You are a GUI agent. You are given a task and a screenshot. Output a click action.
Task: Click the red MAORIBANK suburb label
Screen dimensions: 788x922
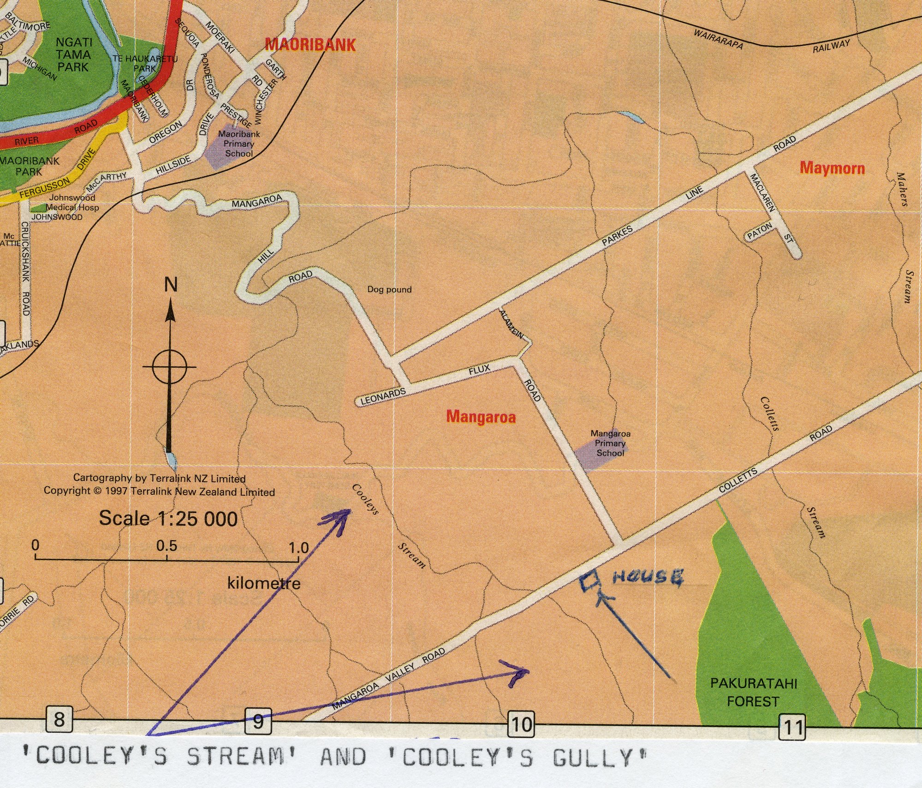pos(310,45)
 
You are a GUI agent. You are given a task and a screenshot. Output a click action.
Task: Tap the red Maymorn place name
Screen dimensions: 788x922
pos(832,167)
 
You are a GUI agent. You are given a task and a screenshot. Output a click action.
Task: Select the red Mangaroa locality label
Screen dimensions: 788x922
pos(481,417)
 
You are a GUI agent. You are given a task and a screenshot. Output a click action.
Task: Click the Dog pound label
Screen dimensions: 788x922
pos(389,290)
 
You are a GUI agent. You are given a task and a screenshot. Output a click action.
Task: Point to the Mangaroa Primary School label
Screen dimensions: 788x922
pos(610,443)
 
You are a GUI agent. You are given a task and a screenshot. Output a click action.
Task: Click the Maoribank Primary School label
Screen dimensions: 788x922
pos(238,143)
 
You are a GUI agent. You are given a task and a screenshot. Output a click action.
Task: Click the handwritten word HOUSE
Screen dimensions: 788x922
pos(648,578)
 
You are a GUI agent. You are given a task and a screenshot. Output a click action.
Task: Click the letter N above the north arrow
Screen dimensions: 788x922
pos(171,285)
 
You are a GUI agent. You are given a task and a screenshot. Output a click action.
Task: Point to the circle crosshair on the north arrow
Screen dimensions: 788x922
pos(169,367)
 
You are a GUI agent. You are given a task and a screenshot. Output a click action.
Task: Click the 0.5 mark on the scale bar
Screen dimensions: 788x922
pos(167,546)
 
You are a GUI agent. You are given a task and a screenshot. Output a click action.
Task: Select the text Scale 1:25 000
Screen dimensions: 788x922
pos(168,519)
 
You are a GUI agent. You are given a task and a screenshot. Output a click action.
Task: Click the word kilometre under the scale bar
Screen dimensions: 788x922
pos(264,584)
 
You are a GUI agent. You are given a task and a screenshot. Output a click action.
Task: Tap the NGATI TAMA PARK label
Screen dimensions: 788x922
pos(73,54)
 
